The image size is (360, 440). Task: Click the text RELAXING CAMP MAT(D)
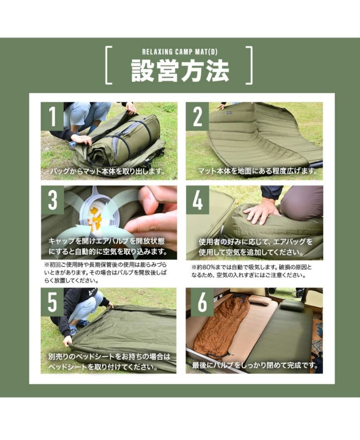180,52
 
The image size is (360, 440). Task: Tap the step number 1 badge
52,116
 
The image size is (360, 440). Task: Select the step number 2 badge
197,116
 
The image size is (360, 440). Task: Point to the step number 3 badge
52,200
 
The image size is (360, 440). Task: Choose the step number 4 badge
197,200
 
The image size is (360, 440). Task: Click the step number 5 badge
52,302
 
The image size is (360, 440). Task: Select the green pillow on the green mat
292,305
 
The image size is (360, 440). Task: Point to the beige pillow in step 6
260,300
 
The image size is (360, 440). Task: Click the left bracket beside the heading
108,65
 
